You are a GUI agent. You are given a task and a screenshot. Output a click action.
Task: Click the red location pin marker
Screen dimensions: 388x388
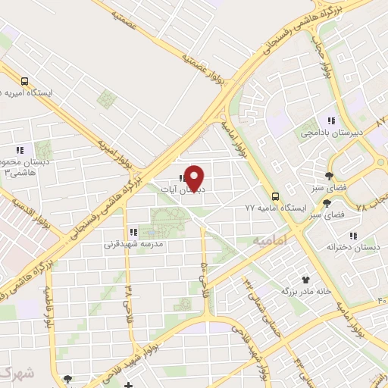[x=195, y=178]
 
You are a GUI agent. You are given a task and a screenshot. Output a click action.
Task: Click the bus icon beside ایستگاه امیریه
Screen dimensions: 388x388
[x=25, y=81]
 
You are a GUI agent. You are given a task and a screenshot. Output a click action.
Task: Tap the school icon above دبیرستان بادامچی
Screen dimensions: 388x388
[x=330, y=120]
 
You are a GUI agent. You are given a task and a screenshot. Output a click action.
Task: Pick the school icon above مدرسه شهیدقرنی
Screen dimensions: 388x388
[x=132, y=232]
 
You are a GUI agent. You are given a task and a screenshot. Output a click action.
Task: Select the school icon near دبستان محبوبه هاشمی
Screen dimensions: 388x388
[x=19, y=150]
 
